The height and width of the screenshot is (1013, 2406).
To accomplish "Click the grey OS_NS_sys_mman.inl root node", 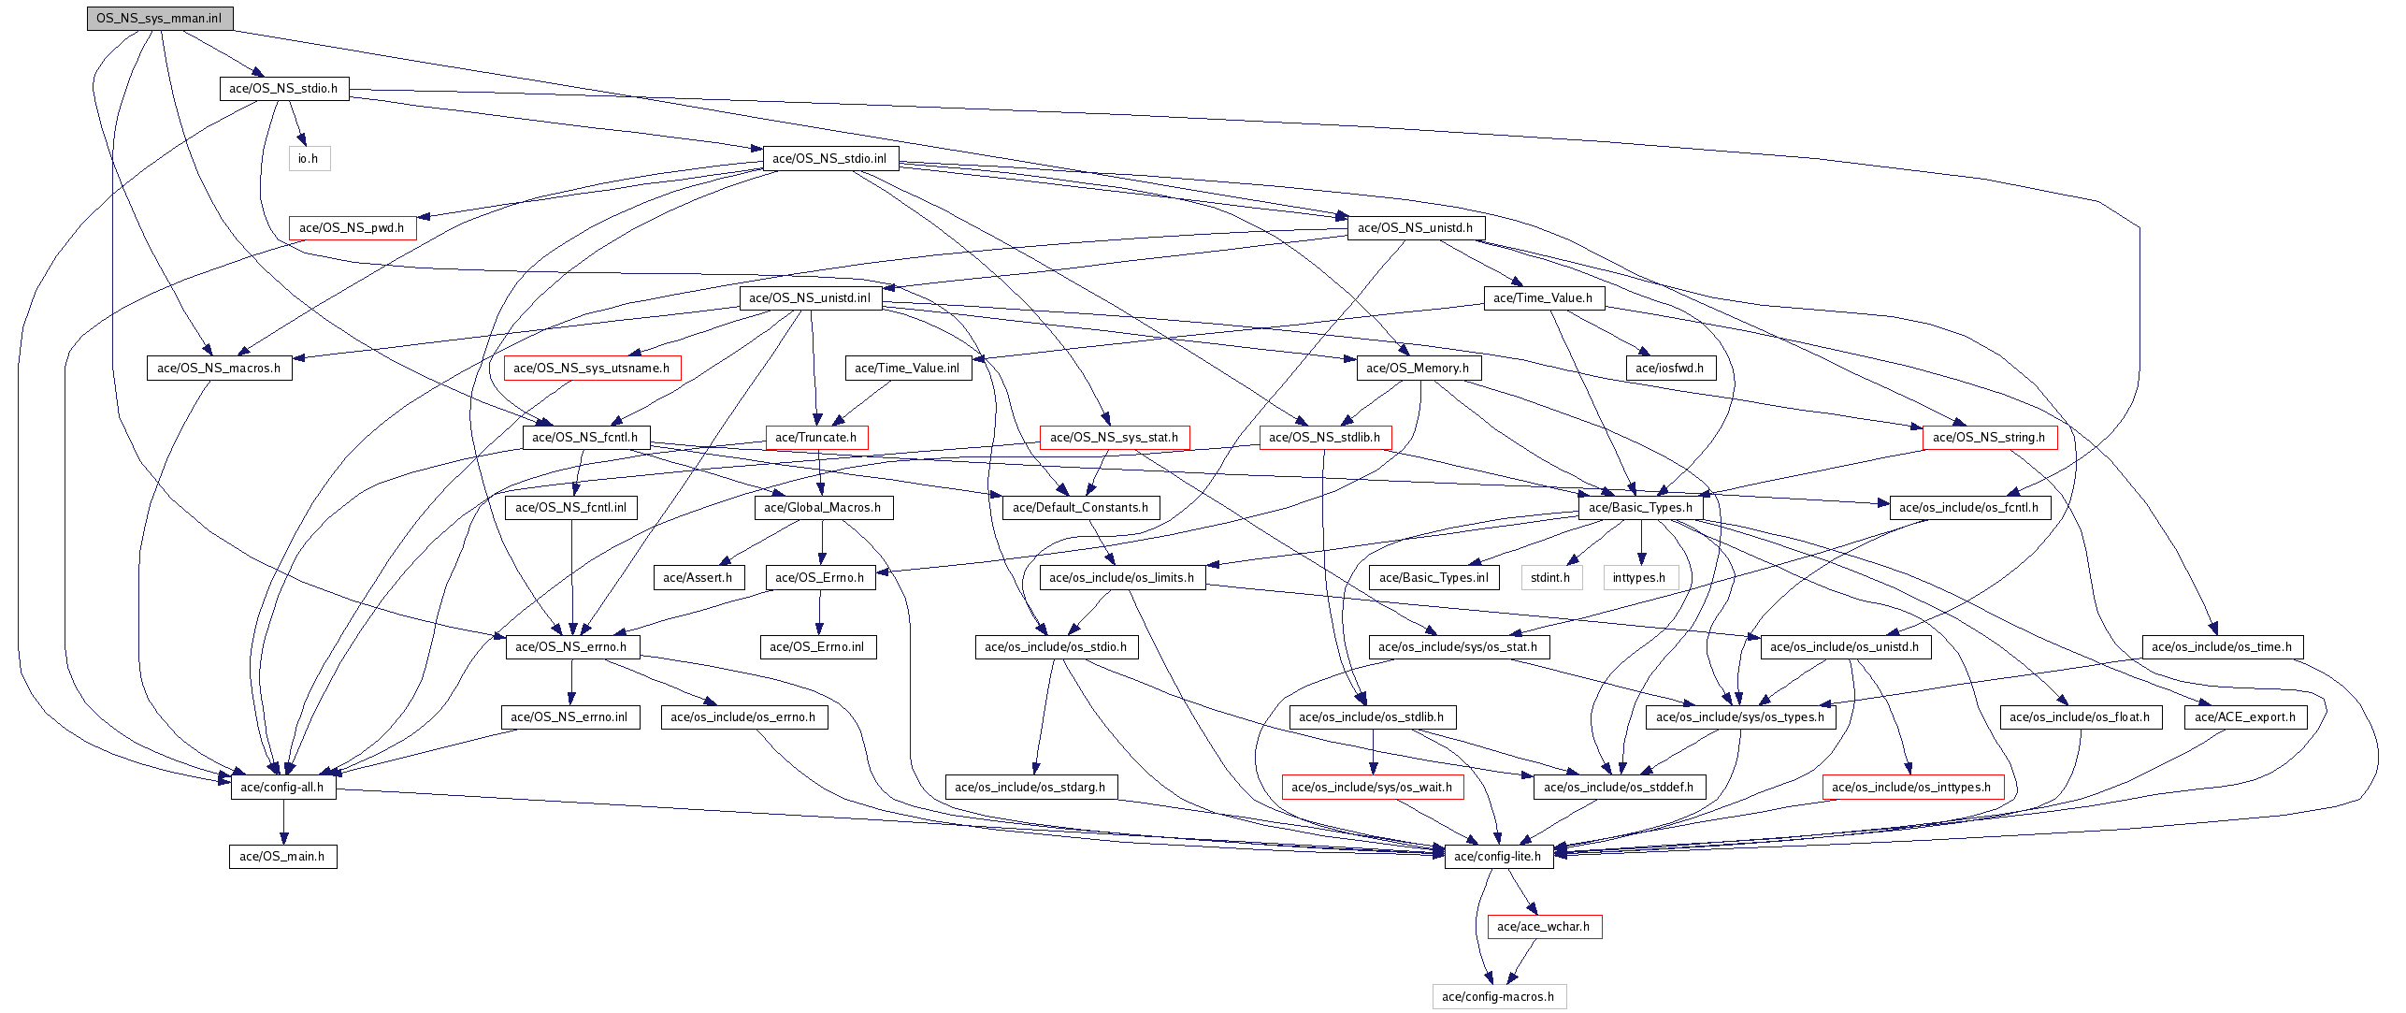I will tap(159, 19).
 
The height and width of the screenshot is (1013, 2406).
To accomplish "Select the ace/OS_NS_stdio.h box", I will tap(283, 89).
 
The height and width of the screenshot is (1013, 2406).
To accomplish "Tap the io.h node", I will tap(309, 159).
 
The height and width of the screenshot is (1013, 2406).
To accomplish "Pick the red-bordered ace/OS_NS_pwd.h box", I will tap(352, 228).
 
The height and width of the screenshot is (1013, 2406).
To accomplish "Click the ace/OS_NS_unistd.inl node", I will tap(810, 298).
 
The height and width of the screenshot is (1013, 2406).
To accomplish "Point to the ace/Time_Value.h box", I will tap(1543, 298).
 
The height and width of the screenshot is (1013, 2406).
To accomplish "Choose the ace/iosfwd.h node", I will tap(1669, 369).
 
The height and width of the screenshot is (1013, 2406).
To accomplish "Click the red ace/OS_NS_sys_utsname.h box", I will tap(591, 369).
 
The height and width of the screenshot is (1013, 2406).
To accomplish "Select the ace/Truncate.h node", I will tap(816, 438).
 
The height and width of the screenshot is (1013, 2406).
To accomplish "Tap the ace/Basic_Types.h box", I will tap(1640, 508).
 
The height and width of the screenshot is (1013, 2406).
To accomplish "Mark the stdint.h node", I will tap(1550, 578).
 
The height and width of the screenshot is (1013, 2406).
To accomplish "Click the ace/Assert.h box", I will tap(698, 578).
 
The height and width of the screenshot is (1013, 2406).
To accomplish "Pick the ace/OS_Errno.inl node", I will tap(817, 647).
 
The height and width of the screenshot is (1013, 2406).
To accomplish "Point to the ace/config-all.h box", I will tap(282, 788).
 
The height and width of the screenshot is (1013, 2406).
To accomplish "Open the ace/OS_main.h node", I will tap(282, 857).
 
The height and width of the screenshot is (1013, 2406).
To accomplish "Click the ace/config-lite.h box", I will tap(1498, 857).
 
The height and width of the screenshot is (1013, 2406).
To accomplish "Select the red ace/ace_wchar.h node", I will tap(1544, 927).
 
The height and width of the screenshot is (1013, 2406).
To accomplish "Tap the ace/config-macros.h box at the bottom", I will tap(1498, 997).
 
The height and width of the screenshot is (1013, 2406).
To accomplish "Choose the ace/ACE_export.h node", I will tap(2245, 717).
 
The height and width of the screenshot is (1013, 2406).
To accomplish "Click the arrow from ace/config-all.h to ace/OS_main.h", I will tap(283, 822).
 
